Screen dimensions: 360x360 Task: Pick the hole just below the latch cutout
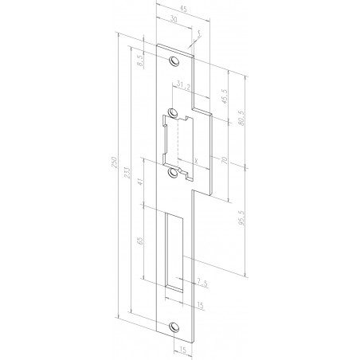[x=174, y=170]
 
